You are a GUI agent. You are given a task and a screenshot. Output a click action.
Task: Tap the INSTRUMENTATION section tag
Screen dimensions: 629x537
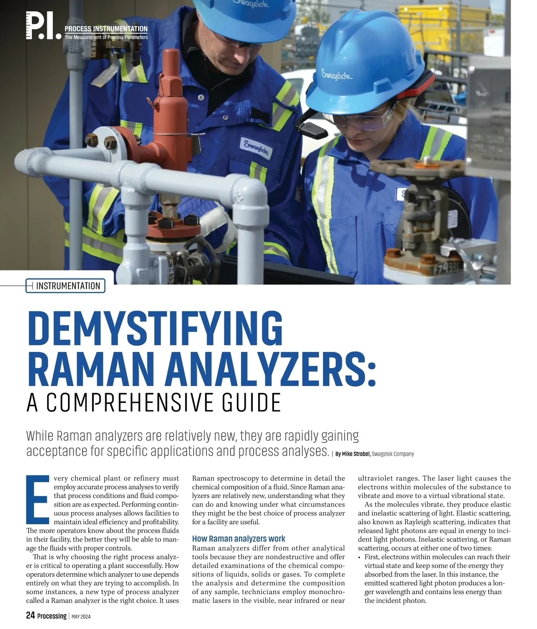(68, 286)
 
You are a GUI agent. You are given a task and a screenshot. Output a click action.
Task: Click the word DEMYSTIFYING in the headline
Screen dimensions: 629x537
(154, 329)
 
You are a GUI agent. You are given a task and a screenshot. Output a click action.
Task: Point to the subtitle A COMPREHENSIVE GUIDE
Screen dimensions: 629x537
(153, 402)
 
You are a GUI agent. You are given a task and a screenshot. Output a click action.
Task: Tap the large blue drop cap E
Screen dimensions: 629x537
(38, 499)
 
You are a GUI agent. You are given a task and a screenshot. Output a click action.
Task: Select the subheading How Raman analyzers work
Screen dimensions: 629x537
(239, 539)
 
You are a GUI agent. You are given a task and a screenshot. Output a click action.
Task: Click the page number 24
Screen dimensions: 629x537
(30, 616)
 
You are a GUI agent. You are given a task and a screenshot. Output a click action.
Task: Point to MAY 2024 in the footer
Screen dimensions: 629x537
(81, 616)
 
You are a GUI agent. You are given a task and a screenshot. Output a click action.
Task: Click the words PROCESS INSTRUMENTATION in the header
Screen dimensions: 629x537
(106, 29)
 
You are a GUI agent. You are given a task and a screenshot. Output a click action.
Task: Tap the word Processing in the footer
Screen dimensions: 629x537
(52, 616)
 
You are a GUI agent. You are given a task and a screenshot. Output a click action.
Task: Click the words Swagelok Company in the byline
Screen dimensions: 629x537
(393, 454)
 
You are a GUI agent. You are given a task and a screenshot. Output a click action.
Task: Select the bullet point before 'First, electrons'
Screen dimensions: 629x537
(360, 557)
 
